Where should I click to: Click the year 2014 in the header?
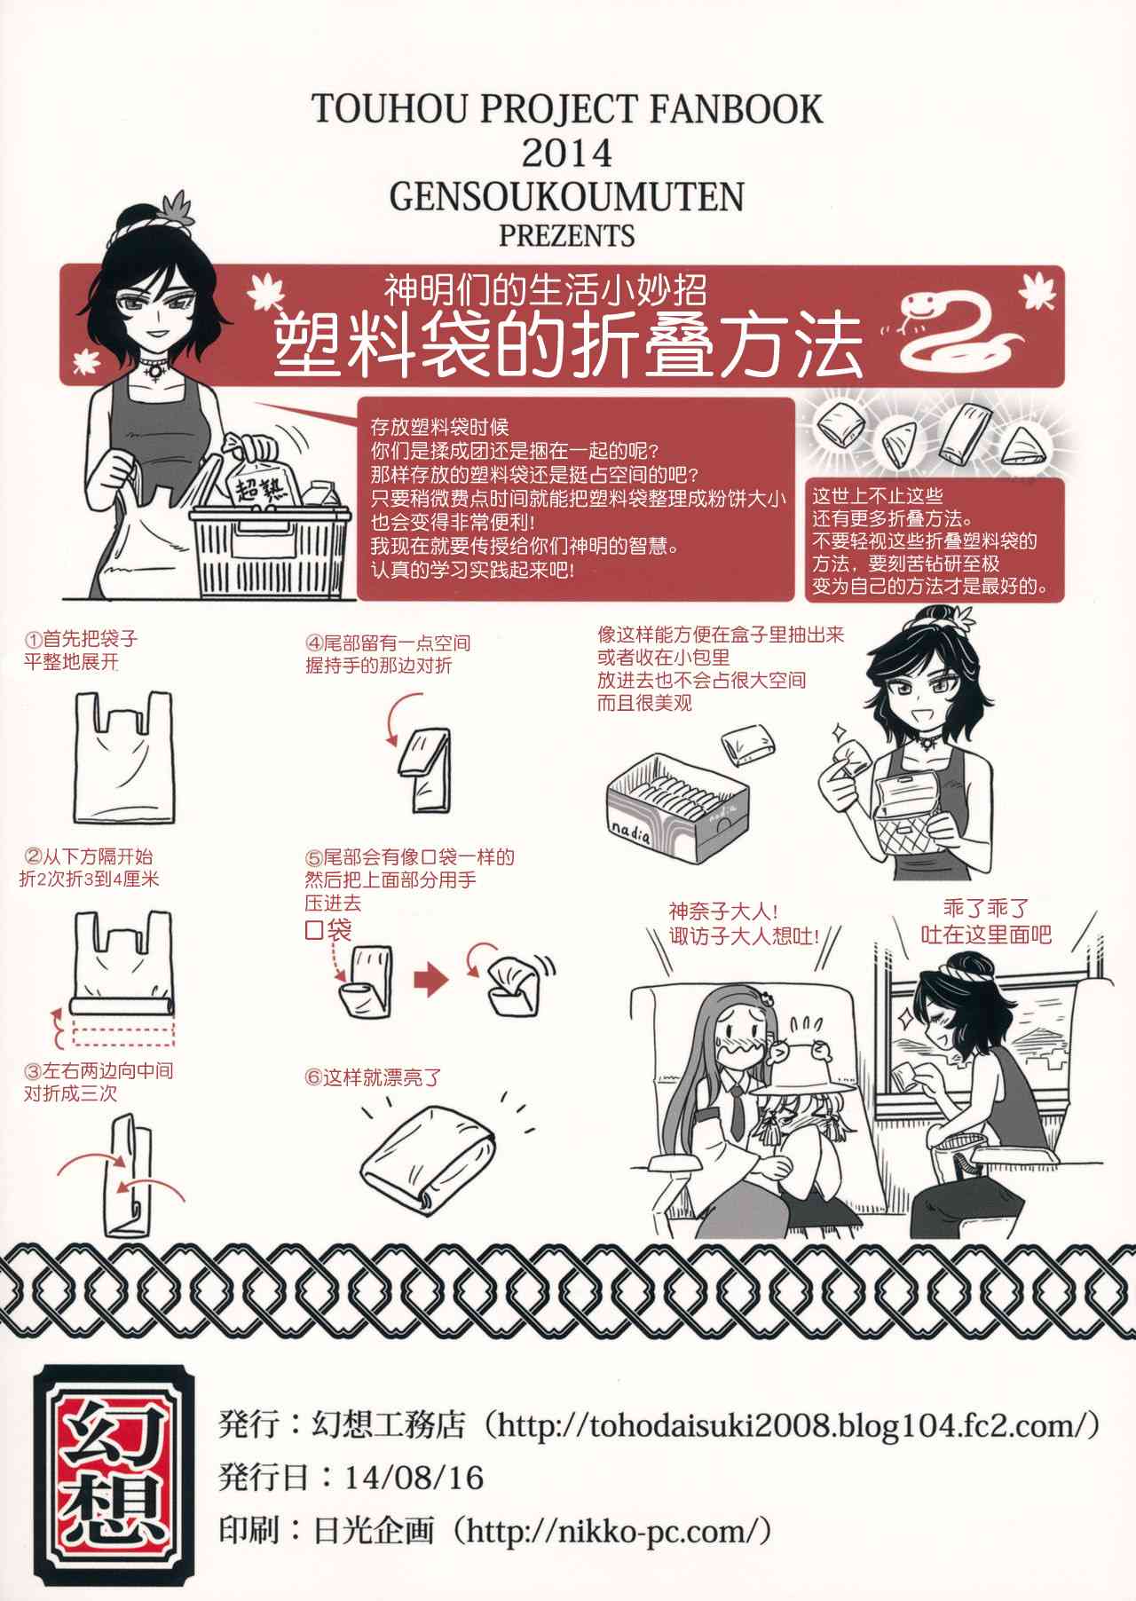click(567, 154)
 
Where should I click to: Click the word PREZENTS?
click(567, 236)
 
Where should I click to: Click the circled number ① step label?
click(33, 639)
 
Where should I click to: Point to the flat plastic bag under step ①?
click(124, 757)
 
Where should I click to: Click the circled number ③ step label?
click(33, 1071)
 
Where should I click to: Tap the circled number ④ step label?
click(314, 643)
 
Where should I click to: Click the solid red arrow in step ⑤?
click(431, 980)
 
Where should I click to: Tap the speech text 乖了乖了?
click(986, 909)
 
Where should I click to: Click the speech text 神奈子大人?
click(723, 911)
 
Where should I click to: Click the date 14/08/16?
click(414, 1478)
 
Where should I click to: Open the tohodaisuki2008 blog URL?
click(792, 1426)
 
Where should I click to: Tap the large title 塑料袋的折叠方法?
click(568, 345)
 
